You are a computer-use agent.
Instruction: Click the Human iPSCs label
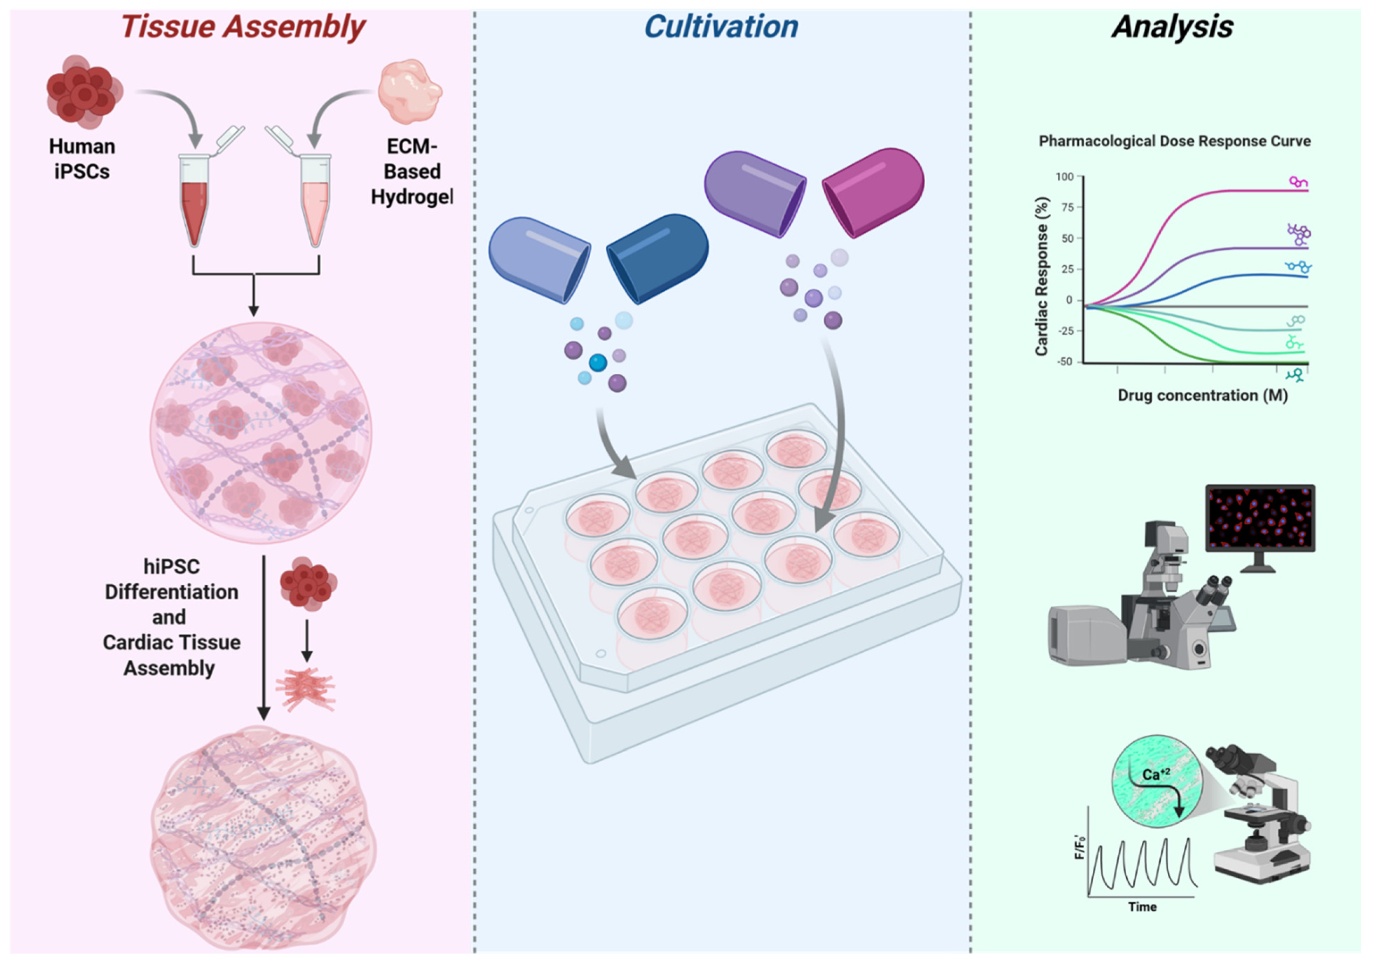[x=82, y=159]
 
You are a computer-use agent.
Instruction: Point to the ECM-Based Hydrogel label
[x=412, y=172]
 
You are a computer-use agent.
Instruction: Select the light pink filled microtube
[x=315, y=210]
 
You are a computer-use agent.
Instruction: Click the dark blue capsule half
[x=658, y=257]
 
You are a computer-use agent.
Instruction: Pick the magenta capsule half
[x=874, y=192]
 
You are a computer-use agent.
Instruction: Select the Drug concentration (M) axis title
[x=1202, y=396]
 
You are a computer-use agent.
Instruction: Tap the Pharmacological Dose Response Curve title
[x=1174, y=141]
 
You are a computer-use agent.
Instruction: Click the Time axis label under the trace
[x=1142, y=907]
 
